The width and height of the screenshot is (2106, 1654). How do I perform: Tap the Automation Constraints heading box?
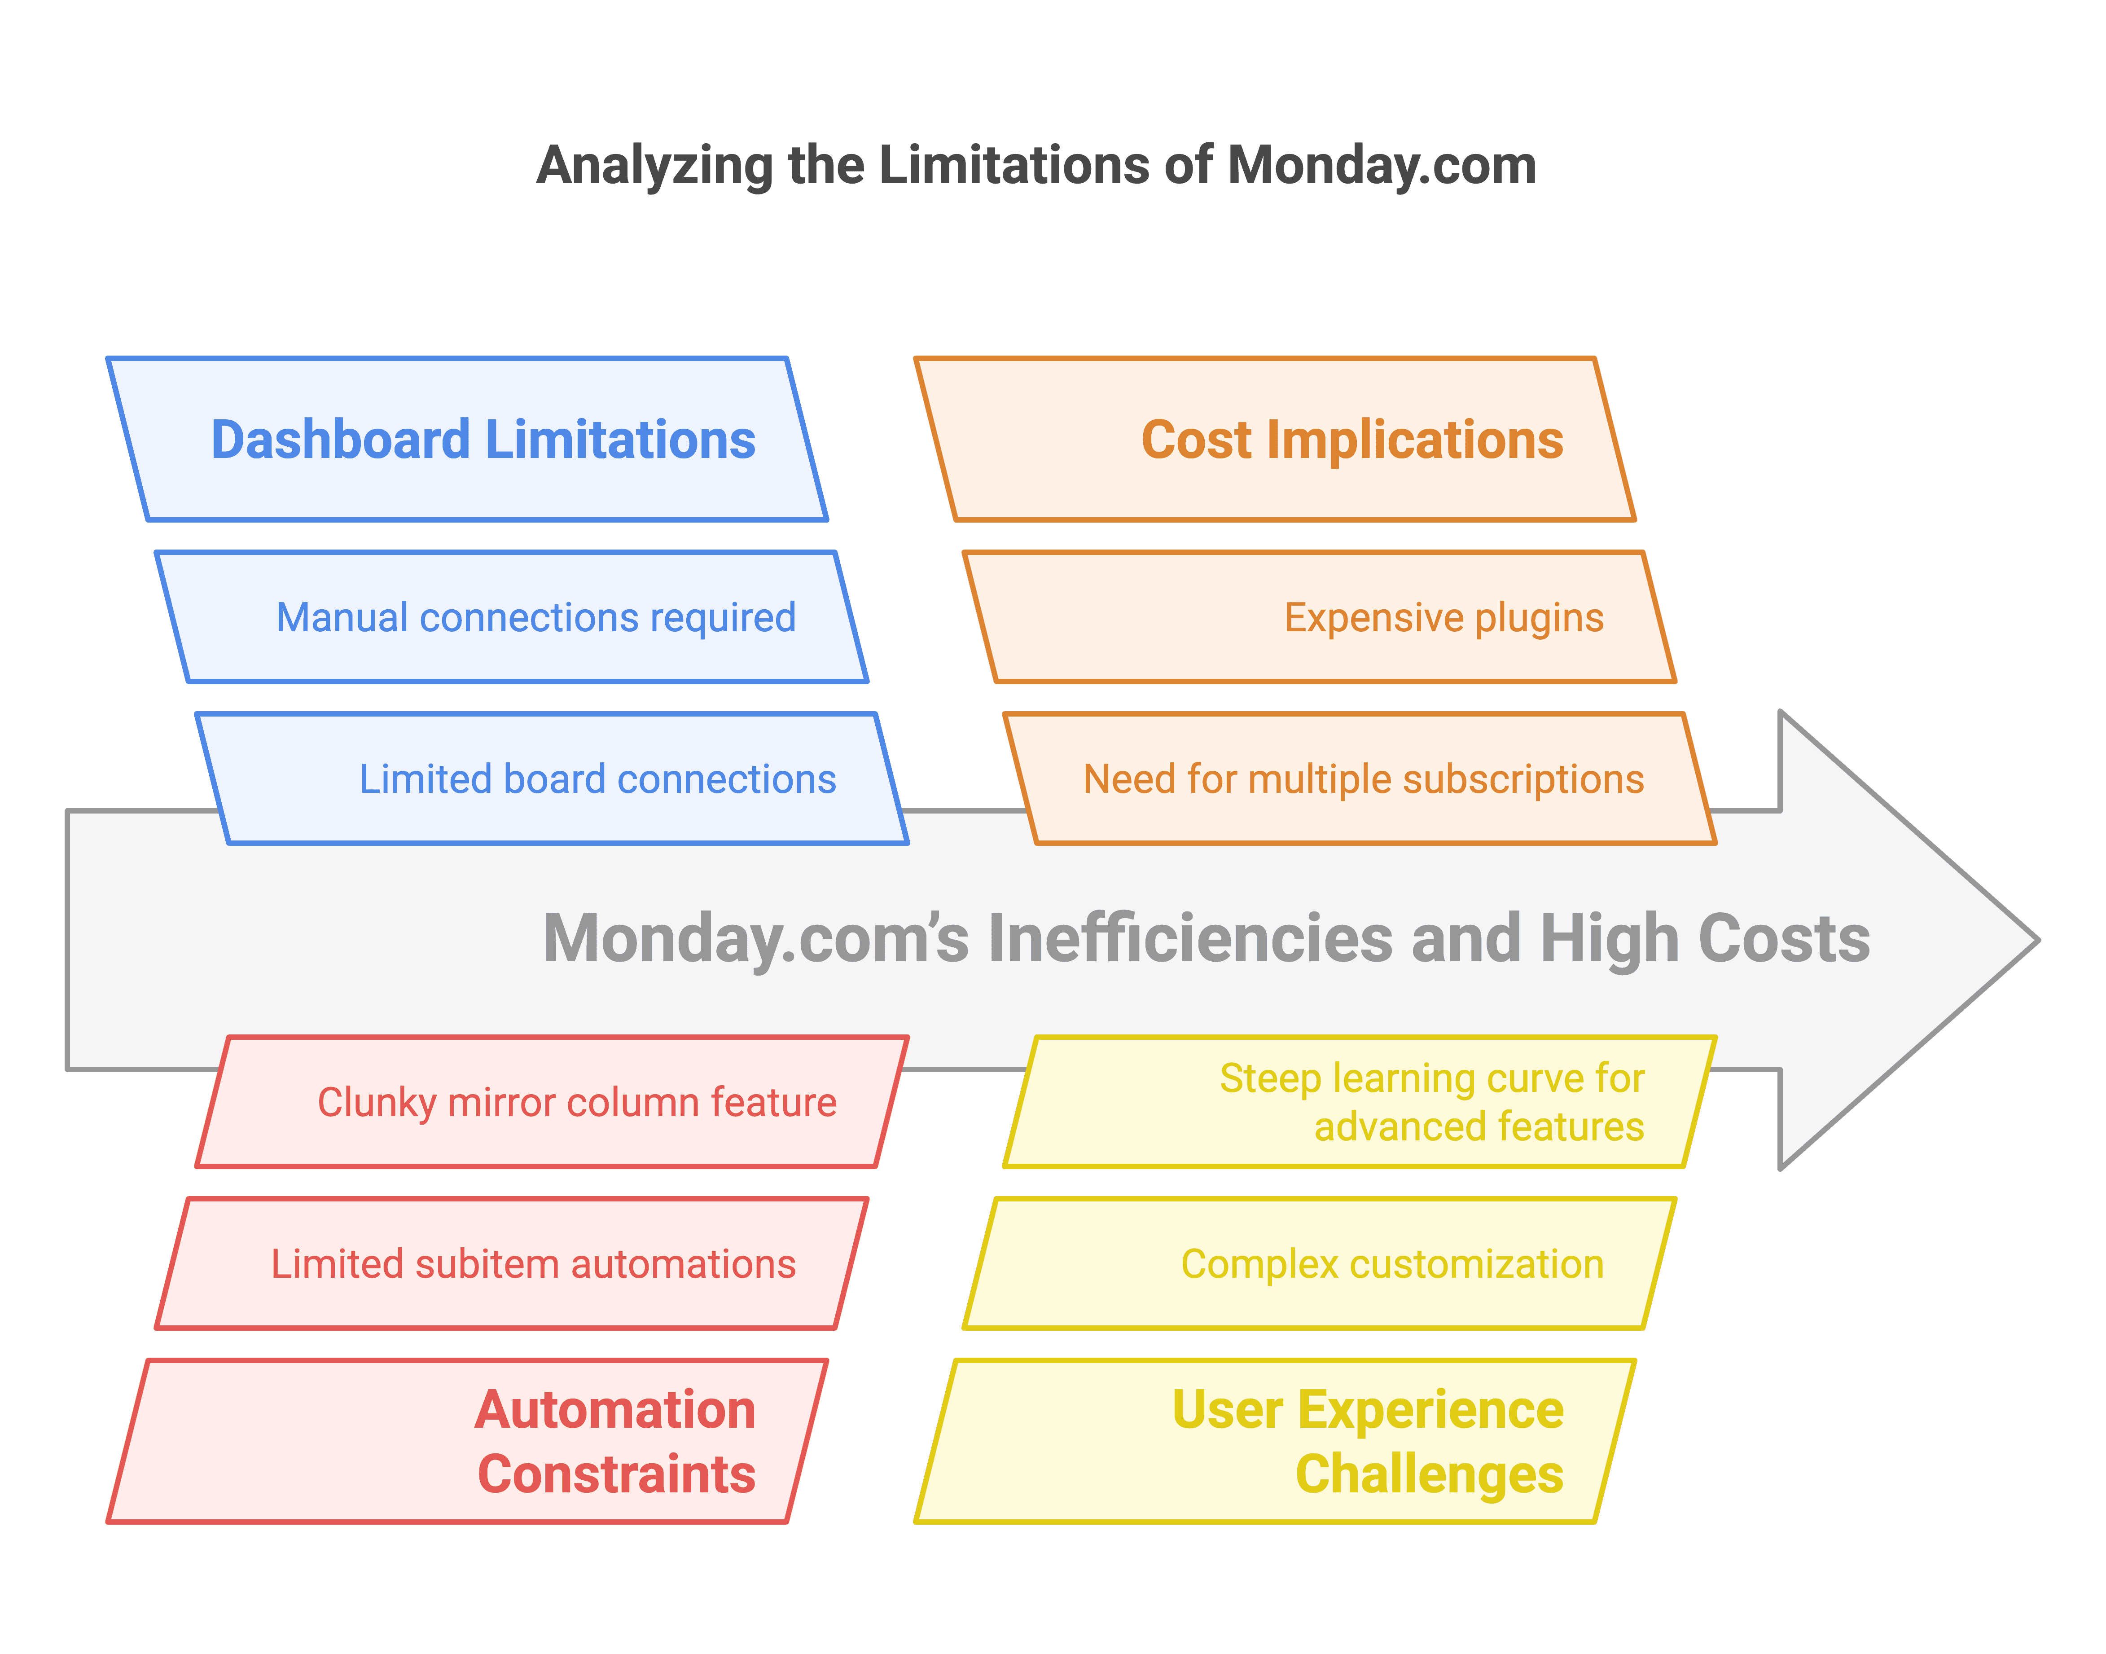467,1441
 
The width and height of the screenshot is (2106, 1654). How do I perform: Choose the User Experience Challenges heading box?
1274,1441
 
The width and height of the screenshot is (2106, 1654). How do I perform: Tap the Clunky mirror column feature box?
552,1102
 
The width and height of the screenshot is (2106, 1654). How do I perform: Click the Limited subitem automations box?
511,1264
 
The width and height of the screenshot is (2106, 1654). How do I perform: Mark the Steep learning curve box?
1360,1102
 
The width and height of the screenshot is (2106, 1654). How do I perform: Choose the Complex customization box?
1319,1264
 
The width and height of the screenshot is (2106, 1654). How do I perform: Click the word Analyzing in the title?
654,166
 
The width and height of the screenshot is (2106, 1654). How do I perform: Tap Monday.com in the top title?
1382,166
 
